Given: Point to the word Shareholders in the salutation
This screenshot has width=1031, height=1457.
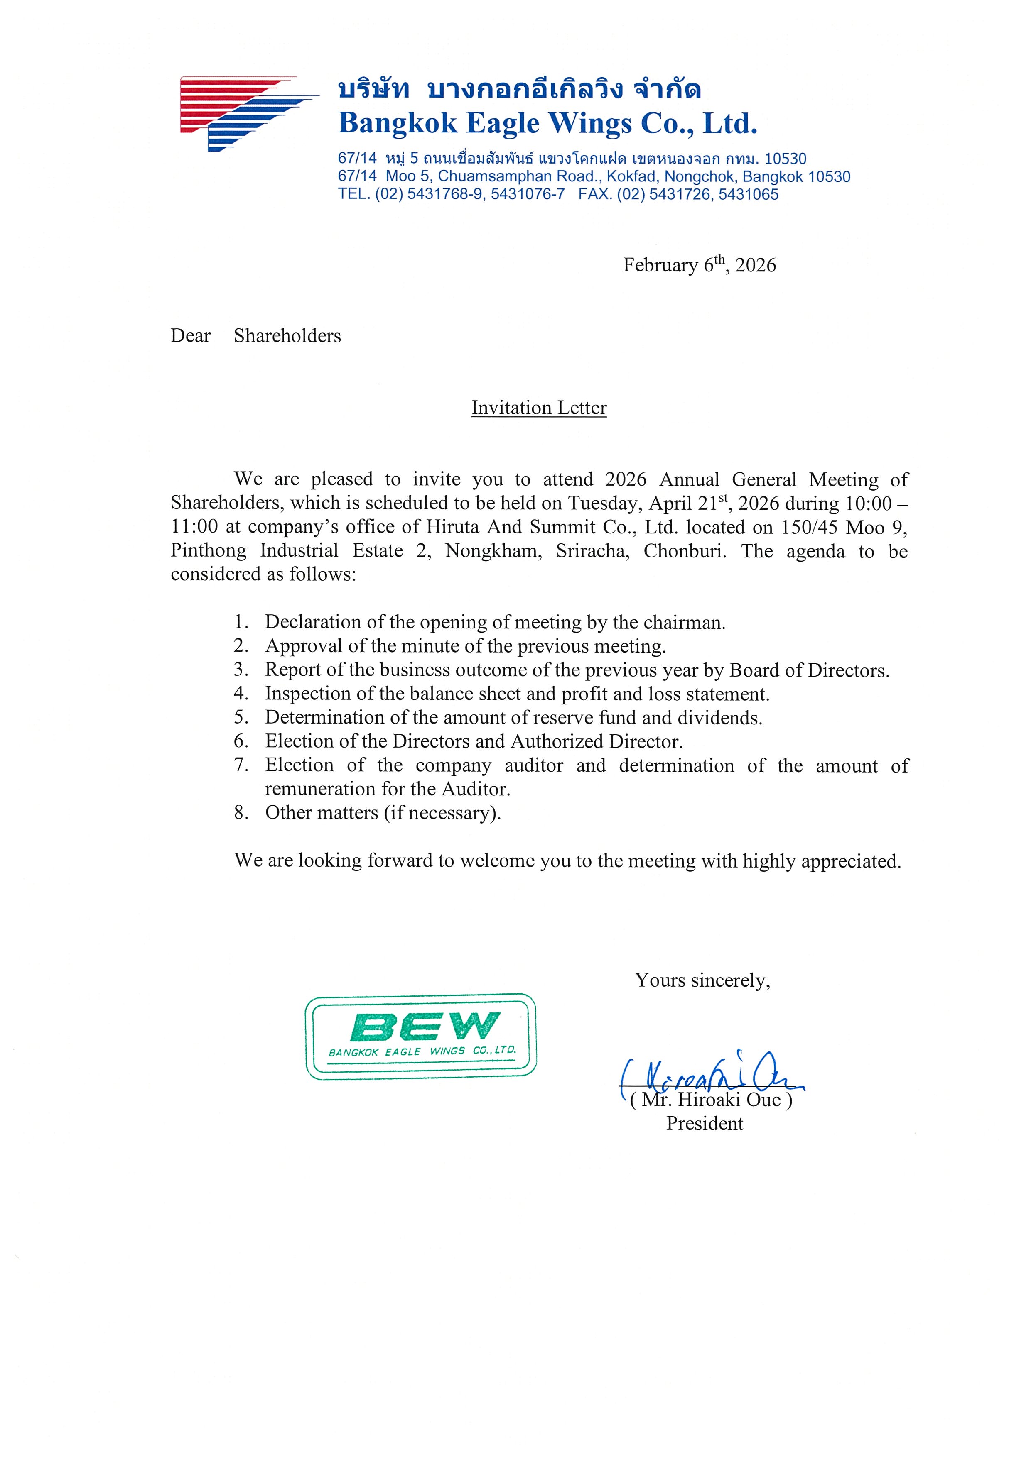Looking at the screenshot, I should click(x=287, y=336).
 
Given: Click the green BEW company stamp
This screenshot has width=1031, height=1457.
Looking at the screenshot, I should click(x=421, y=1036).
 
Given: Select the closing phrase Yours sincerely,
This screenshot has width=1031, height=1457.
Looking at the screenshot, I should click(x=702, y=980).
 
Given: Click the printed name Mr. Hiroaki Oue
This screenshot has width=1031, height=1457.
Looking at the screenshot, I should click(x=711, y=1100).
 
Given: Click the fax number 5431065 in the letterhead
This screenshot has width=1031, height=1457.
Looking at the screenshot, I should click(x=749, y=194).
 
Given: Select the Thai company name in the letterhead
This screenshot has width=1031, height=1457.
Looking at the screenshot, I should click(x=519, y=90).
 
